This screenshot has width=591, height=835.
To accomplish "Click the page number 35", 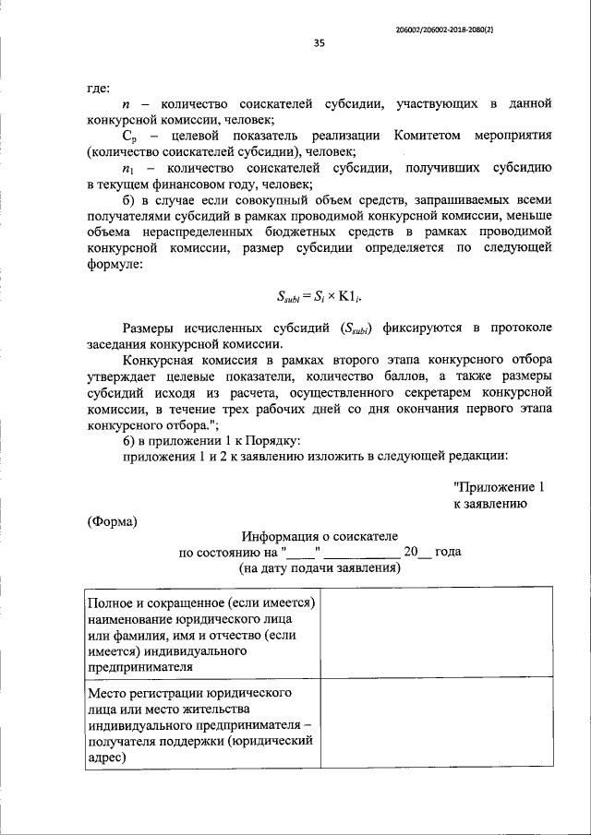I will point(319,42).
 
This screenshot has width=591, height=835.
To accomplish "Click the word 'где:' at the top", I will point(99,89).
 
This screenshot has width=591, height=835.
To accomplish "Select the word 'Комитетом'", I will point(432,134).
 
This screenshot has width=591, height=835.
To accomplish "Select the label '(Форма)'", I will point(113,522).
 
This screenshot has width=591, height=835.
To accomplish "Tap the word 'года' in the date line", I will point(448,553).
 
